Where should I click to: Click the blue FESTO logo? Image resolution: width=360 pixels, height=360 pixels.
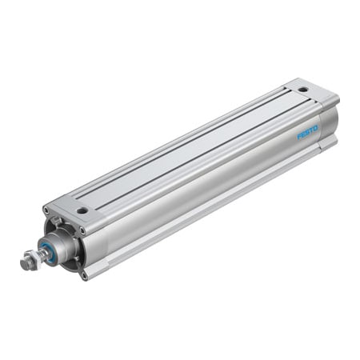point(308,130)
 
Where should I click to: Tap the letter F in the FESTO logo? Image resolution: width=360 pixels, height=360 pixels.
point(300,135)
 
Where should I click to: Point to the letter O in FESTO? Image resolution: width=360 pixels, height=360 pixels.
point(316,126)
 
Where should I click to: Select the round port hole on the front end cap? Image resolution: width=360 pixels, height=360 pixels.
point(82,210)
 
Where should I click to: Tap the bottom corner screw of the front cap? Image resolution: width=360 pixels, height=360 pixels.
point(82,275)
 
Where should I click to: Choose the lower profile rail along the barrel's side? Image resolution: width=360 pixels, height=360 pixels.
point(208,212)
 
